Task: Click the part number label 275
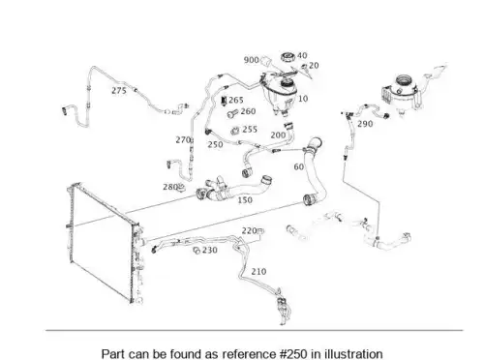[119, 91]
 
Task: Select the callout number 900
[251, 60]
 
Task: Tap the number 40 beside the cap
[302, 56]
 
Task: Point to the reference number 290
[365, 124]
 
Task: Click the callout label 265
[236, 101]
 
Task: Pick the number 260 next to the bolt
[248, 111]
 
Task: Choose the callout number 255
[250, 130]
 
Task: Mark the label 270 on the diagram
[183, 140]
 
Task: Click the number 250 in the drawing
[215, 144]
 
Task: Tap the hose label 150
[245, 200]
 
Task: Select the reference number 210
[258, 272]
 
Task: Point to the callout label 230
[210, 250]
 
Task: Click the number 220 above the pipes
[249, 230]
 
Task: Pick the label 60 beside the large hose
[299, 166]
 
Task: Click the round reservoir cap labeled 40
[287, 57]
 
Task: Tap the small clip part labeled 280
[182, 187]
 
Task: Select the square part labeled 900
[265, 61]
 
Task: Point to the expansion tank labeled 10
[280, 92]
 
